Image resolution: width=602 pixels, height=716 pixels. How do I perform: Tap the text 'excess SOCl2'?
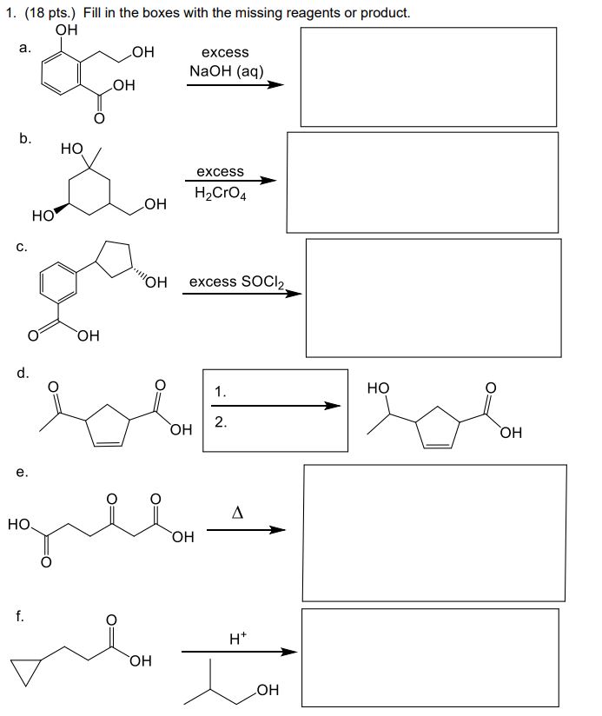pyautogui.click(x=235, y=282)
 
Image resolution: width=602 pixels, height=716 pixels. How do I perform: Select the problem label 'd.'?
pyautogui.click(x=26, y=375)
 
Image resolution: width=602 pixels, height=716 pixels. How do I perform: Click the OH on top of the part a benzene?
pyautogui.click(x=65, y=30)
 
